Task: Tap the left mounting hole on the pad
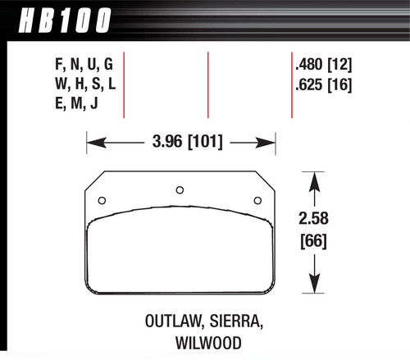[102, 201]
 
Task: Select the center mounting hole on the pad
[180, 191]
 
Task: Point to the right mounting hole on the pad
[257, 201]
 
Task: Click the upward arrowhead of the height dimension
[313, 177]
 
